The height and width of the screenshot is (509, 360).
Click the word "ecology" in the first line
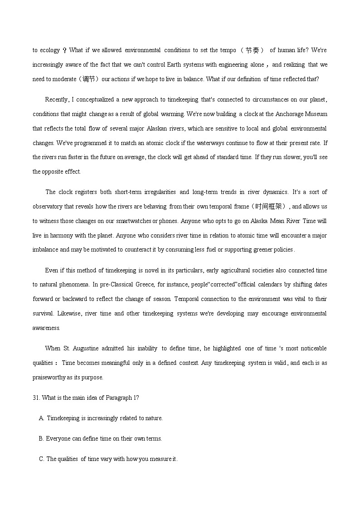point(49,50)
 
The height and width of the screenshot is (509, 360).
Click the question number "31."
point(36,398)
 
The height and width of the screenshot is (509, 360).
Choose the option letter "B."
point(41,439)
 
